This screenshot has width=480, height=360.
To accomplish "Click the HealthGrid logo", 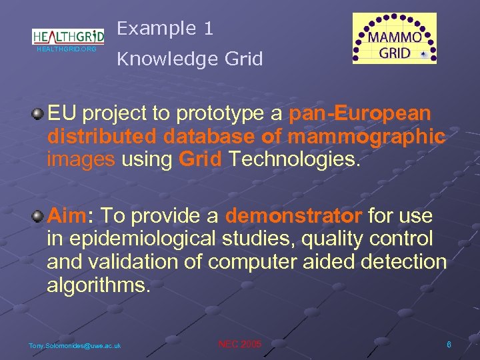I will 68,35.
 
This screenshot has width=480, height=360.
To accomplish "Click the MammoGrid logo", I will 395,39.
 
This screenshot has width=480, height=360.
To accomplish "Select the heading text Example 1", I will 165,28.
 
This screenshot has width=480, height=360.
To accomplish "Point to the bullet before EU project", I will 39,114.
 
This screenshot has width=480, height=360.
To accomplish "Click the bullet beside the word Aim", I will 39,217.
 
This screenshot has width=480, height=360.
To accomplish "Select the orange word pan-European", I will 360,114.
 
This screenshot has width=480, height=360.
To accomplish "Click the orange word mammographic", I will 367,137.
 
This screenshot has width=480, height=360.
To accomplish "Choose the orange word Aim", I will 67,217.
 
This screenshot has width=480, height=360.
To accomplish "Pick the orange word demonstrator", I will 293,217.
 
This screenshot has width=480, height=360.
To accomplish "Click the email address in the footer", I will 75,345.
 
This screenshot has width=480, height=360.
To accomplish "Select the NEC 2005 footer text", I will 240,344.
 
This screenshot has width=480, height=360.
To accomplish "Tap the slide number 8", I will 449,344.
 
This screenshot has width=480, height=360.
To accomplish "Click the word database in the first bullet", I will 207,137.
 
